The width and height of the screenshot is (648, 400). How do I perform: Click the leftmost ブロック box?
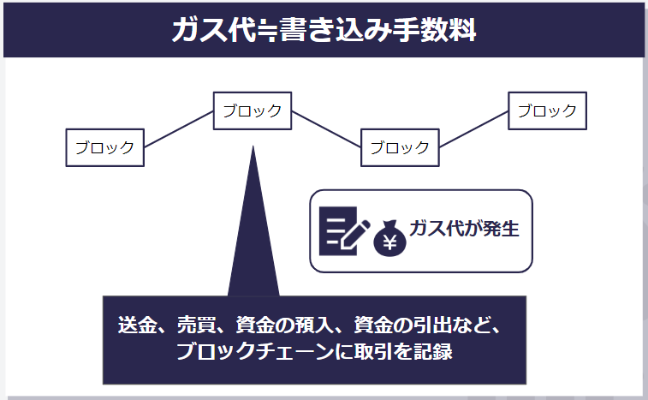coord(105,147)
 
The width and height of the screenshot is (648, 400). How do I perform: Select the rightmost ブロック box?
coord(547,110)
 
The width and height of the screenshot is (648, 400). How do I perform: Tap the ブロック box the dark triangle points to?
coord(253,110)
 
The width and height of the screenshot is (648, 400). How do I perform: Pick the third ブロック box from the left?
coord(400,147)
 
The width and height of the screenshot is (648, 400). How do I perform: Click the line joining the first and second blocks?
coord(179,129)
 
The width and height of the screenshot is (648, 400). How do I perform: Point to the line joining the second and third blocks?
coord(326,129)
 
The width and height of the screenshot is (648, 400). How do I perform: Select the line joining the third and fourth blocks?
coord(473,129)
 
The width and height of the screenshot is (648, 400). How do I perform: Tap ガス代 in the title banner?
coord(215,30)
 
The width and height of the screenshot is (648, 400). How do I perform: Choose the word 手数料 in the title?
coord(434,30)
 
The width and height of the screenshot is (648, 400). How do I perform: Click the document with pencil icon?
coord(344,230)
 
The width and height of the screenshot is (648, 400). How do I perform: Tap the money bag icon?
coord(389,238)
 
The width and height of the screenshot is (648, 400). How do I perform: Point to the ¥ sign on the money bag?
coord(389,242)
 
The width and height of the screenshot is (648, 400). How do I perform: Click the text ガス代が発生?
coord(464,229)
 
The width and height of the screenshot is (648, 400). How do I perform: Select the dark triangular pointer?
coord(253,221)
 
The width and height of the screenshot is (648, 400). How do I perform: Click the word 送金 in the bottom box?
coord(138,325)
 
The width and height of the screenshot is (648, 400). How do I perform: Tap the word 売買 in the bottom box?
coord(197,325)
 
